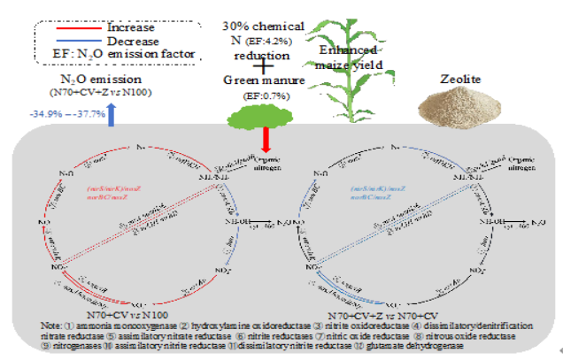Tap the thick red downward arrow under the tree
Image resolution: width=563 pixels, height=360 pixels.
point(266,140)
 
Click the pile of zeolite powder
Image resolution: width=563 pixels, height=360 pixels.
point(460,106)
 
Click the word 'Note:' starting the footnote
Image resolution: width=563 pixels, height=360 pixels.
point(52,324)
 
